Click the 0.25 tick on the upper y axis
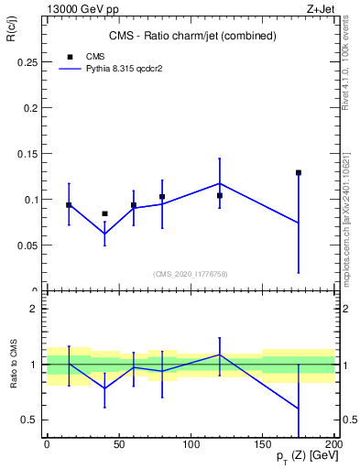[x=27, y=62]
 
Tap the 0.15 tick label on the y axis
[x=27, y=154]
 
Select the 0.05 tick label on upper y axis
[x=27, y=245]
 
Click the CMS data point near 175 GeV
[x=299, y=172]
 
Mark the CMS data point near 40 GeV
[x=104, y=213]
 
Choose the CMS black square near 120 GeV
[x=220, y=195]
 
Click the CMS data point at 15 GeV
[x=69, y=205]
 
